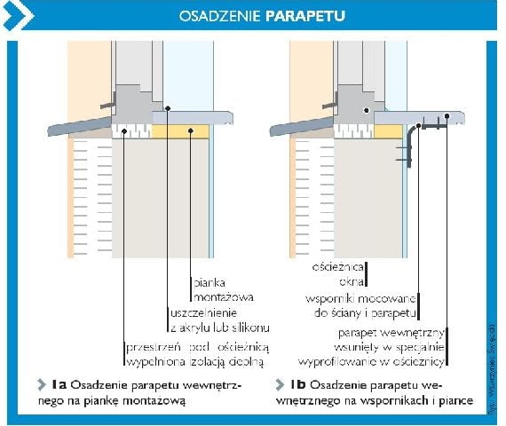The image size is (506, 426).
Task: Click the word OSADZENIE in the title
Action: tap(220, 15)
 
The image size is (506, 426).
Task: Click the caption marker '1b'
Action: tap(298, 384)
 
